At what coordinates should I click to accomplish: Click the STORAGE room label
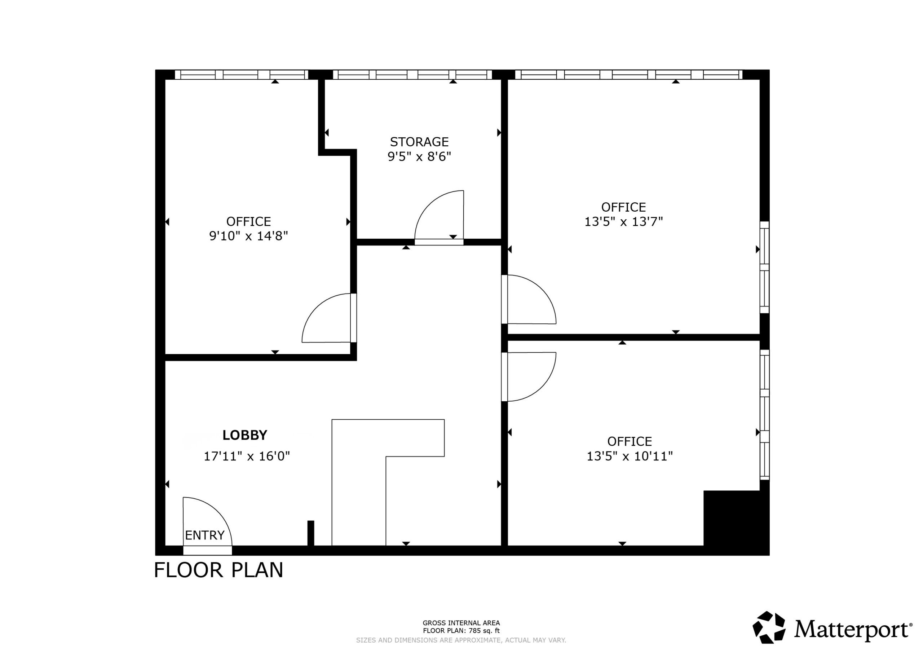coord(419,142)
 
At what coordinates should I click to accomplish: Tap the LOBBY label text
coord(245,435)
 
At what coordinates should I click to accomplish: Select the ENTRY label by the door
coord(205,535)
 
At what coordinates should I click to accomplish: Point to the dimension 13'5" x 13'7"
coord(623,221)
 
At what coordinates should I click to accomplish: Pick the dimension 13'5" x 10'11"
coord(630,456)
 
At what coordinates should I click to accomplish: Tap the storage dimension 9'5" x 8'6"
coord(419,156)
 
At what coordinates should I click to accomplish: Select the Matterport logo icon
coord(769,627)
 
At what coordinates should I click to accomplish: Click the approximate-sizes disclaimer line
coord(461,640)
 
